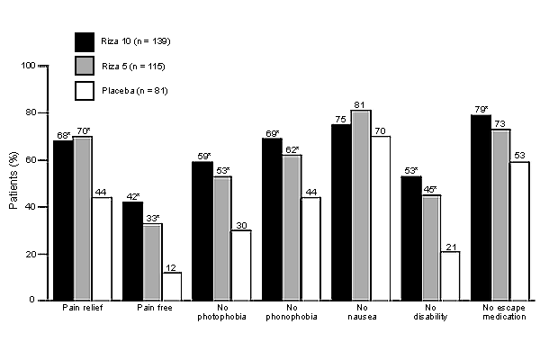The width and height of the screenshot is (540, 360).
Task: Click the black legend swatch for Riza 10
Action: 85,41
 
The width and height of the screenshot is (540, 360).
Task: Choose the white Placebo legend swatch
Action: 85,91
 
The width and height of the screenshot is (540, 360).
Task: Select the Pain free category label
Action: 151,309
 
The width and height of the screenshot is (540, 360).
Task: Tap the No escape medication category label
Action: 498,313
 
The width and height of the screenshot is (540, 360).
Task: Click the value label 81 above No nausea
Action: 361,103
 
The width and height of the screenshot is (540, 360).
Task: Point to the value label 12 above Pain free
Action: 171,266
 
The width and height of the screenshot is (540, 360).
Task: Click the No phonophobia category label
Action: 290,313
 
